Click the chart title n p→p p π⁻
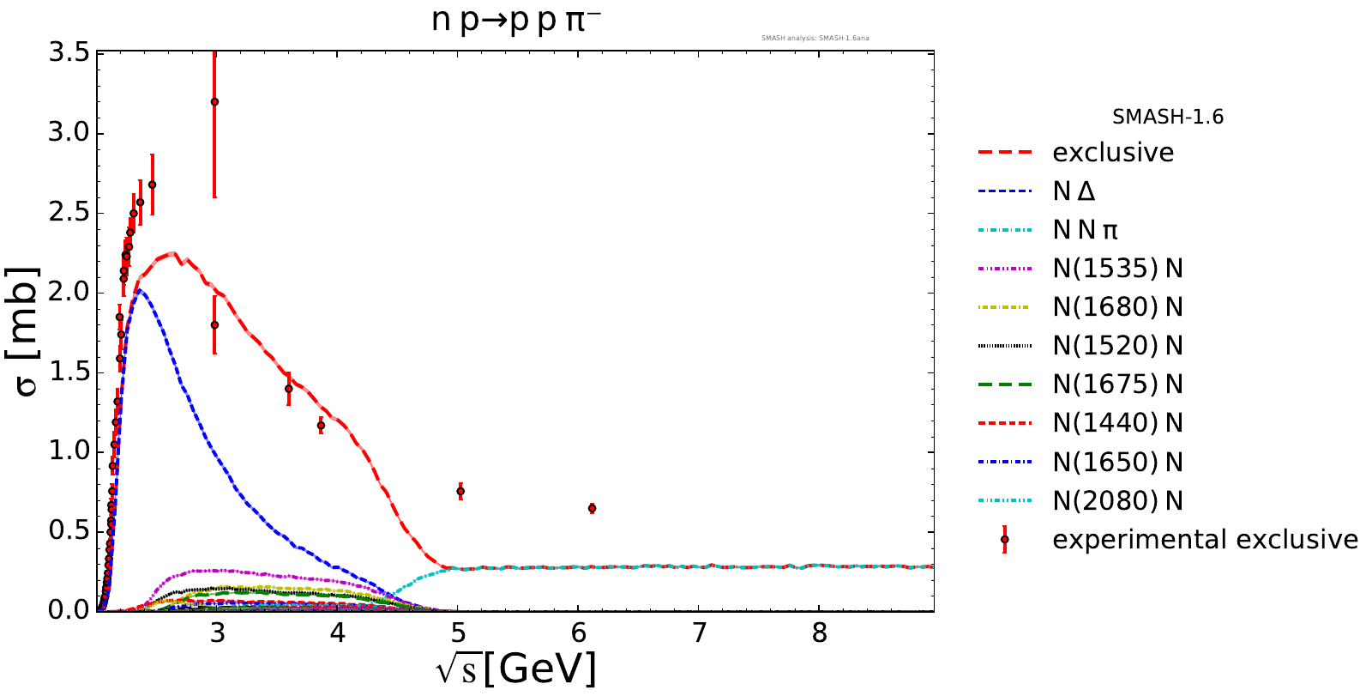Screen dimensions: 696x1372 click(x=515, y=20)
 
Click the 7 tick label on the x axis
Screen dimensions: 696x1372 click(x=699, y=633)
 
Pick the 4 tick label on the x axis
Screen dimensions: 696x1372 click(x=338, y=633)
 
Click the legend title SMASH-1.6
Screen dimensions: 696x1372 click(x=1168, y=117)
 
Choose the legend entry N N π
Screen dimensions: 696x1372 click(x=1085, y=230)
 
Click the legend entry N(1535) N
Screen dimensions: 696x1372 click(x=1117, y=269)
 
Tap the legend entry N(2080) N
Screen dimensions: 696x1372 click(x=1117, y=500)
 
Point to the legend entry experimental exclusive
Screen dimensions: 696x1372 click(x=1205, y=539)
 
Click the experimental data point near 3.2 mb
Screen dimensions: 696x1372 click(x=214, y=101)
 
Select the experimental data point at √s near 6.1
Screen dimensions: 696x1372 click(x=592, y=508)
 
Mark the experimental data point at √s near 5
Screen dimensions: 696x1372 click(x=460, y=491)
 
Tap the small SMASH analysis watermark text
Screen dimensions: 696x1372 click(x=815, y=38)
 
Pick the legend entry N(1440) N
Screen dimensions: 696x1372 click(x=1117, y=423)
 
